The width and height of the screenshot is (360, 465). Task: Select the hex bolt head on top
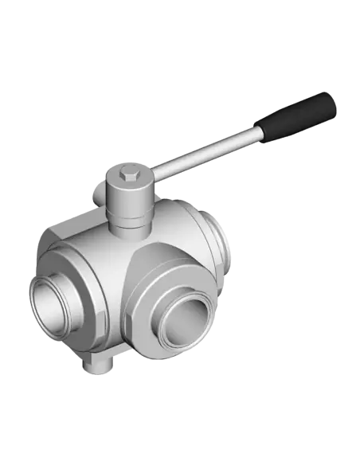pos(130,173)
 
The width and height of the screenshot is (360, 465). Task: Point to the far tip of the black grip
pos(331,101)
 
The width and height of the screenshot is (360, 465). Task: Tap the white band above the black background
pos(180,28)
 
